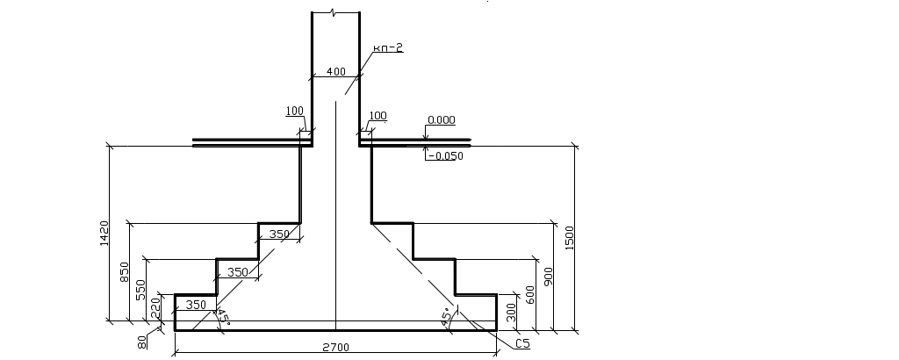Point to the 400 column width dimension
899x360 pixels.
coord(335,71)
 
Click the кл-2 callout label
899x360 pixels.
coord(386,48)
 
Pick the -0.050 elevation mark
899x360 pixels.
coord(444,155)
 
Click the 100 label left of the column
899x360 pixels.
coord(294,112)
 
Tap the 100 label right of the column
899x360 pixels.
coord(378,116)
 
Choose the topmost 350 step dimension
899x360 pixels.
coord(279,234)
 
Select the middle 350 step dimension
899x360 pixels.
coord(237,272)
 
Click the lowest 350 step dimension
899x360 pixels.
coord(197,305)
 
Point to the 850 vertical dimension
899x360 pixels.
coord(126,271)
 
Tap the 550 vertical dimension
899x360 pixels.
coord(141,290)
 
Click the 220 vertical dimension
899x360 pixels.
coord(156,308)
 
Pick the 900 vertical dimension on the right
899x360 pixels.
coord(548,279)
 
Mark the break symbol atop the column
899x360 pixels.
coord(335,12)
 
